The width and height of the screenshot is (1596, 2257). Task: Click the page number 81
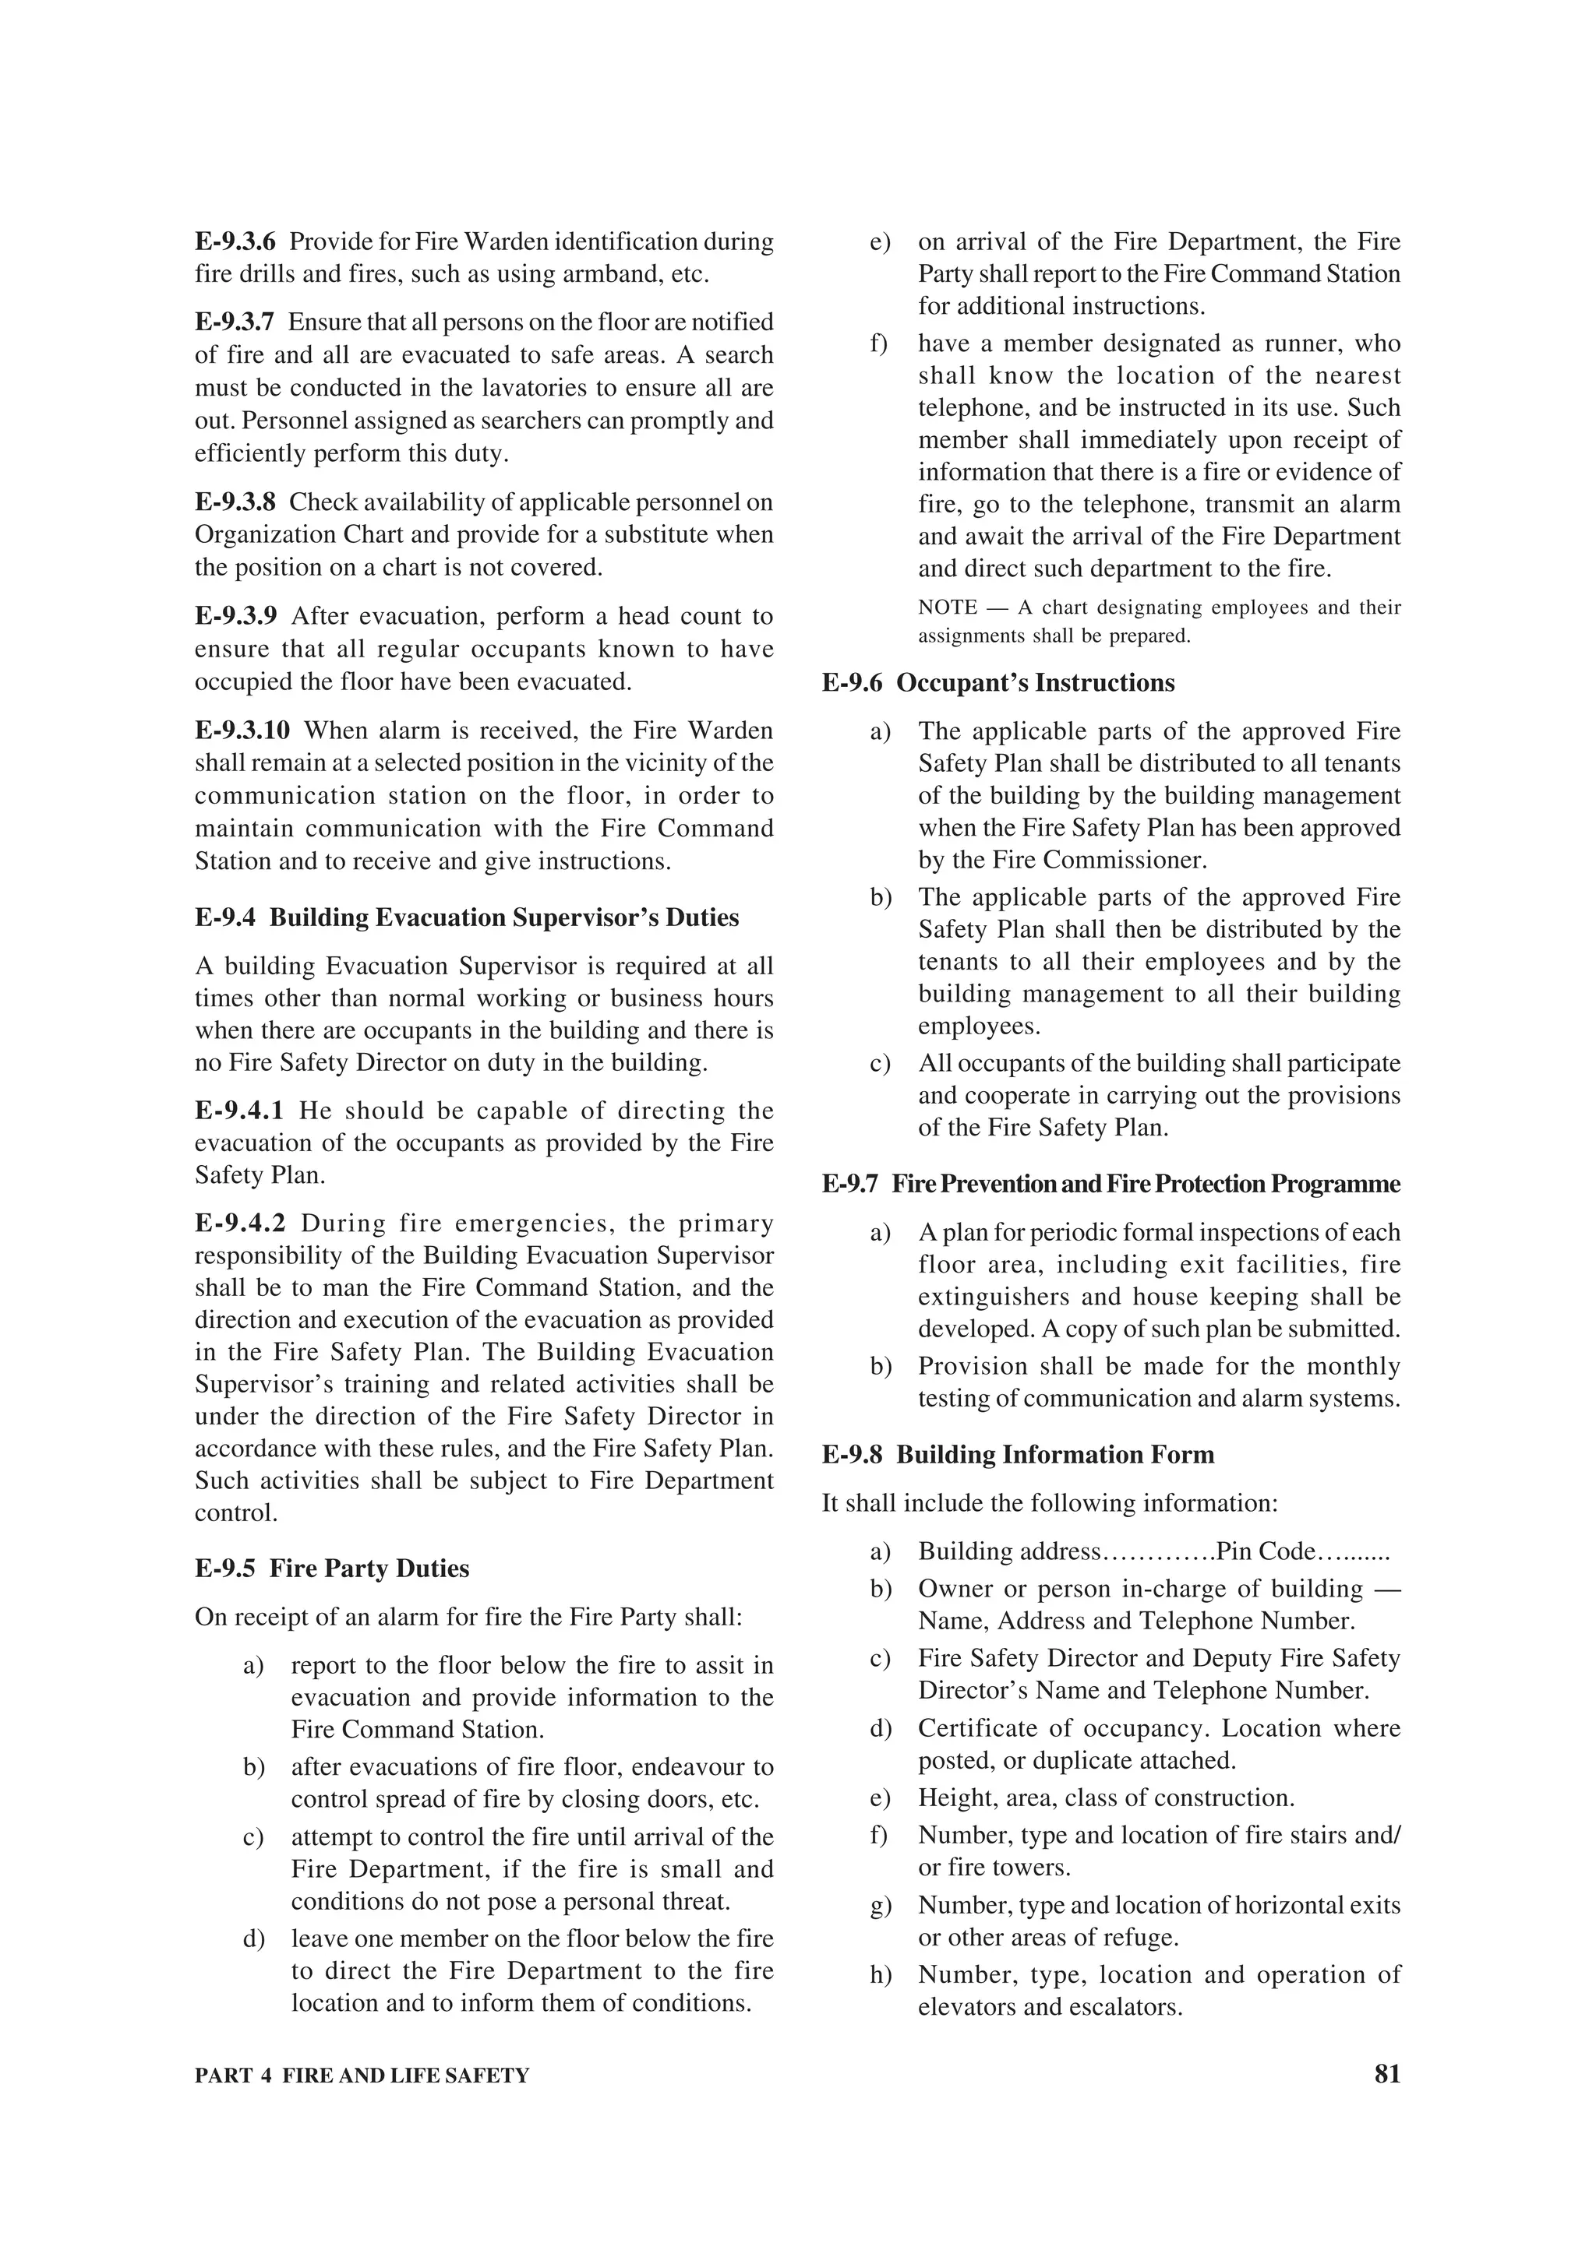(1386, 2074)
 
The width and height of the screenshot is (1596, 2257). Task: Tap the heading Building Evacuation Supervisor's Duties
(504, 917)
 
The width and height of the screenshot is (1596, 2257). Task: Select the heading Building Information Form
(1055, 1455)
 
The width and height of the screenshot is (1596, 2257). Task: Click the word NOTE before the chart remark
(947, 607)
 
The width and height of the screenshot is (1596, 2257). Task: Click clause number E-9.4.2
(240, 1223)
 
